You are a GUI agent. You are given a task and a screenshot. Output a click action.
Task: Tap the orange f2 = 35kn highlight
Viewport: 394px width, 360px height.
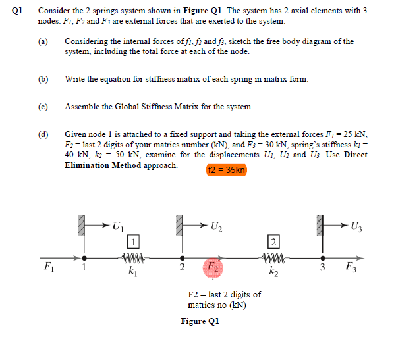(x=226, y=170)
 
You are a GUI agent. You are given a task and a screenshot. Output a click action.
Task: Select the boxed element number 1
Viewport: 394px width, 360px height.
(x=132, y=240)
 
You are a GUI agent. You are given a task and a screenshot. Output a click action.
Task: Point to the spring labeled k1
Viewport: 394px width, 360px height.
(x=132, y=258)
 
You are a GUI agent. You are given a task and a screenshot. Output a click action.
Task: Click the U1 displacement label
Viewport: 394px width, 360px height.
(x=117, y=228)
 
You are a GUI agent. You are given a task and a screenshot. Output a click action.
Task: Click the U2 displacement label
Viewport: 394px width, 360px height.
(x=215, y=228)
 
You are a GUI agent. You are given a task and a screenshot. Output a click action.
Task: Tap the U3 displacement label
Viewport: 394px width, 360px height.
(x=356, y=228)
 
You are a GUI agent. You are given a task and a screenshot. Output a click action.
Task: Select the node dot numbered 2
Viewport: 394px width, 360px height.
(x=183, y=258)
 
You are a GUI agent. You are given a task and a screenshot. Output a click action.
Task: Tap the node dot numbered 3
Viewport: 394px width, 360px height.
(x=323, y=258)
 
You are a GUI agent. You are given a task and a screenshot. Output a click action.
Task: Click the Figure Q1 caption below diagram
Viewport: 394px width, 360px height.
(x=200, y=321)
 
